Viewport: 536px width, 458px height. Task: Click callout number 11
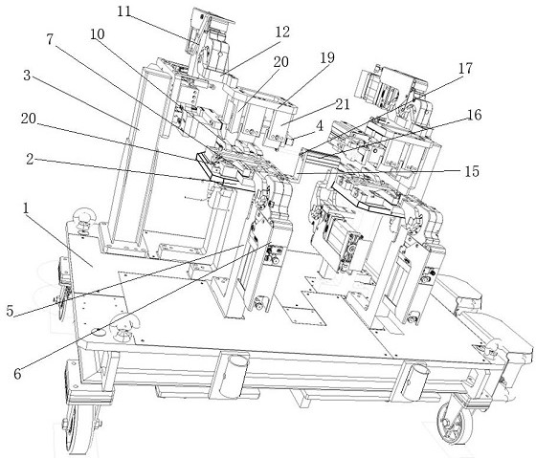tap(124, 12)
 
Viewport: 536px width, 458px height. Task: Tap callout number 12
tap(282, 33)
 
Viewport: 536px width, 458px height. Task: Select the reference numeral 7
tap(50, 39)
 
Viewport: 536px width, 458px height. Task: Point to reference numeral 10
tap(98, 34)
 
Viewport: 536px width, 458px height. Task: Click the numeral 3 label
tap(28, 76)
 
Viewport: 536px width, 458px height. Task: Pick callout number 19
tap(327, 57)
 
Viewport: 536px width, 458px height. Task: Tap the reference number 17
tap(465, 68)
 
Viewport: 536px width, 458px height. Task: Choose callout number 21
tap(343, 104)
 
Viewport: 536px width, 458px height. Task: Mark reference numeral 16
tap(475, 115)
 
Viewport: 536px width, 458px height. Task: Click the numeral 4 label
tap(320, 126)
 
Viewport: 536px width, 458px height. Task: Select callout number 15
tap(472, 171)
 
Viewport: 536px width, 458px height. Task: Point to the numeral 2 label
tap(30, 159)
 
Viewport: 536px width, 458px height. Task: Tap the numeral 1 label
tap(26, 209)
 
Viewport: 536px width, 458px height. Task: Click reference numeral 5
tap(10, 311)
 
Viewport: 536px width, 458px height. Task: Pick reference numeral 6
tap(17, 374)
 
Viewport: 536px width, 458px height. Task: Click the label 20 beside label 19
tap(281, 62)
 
